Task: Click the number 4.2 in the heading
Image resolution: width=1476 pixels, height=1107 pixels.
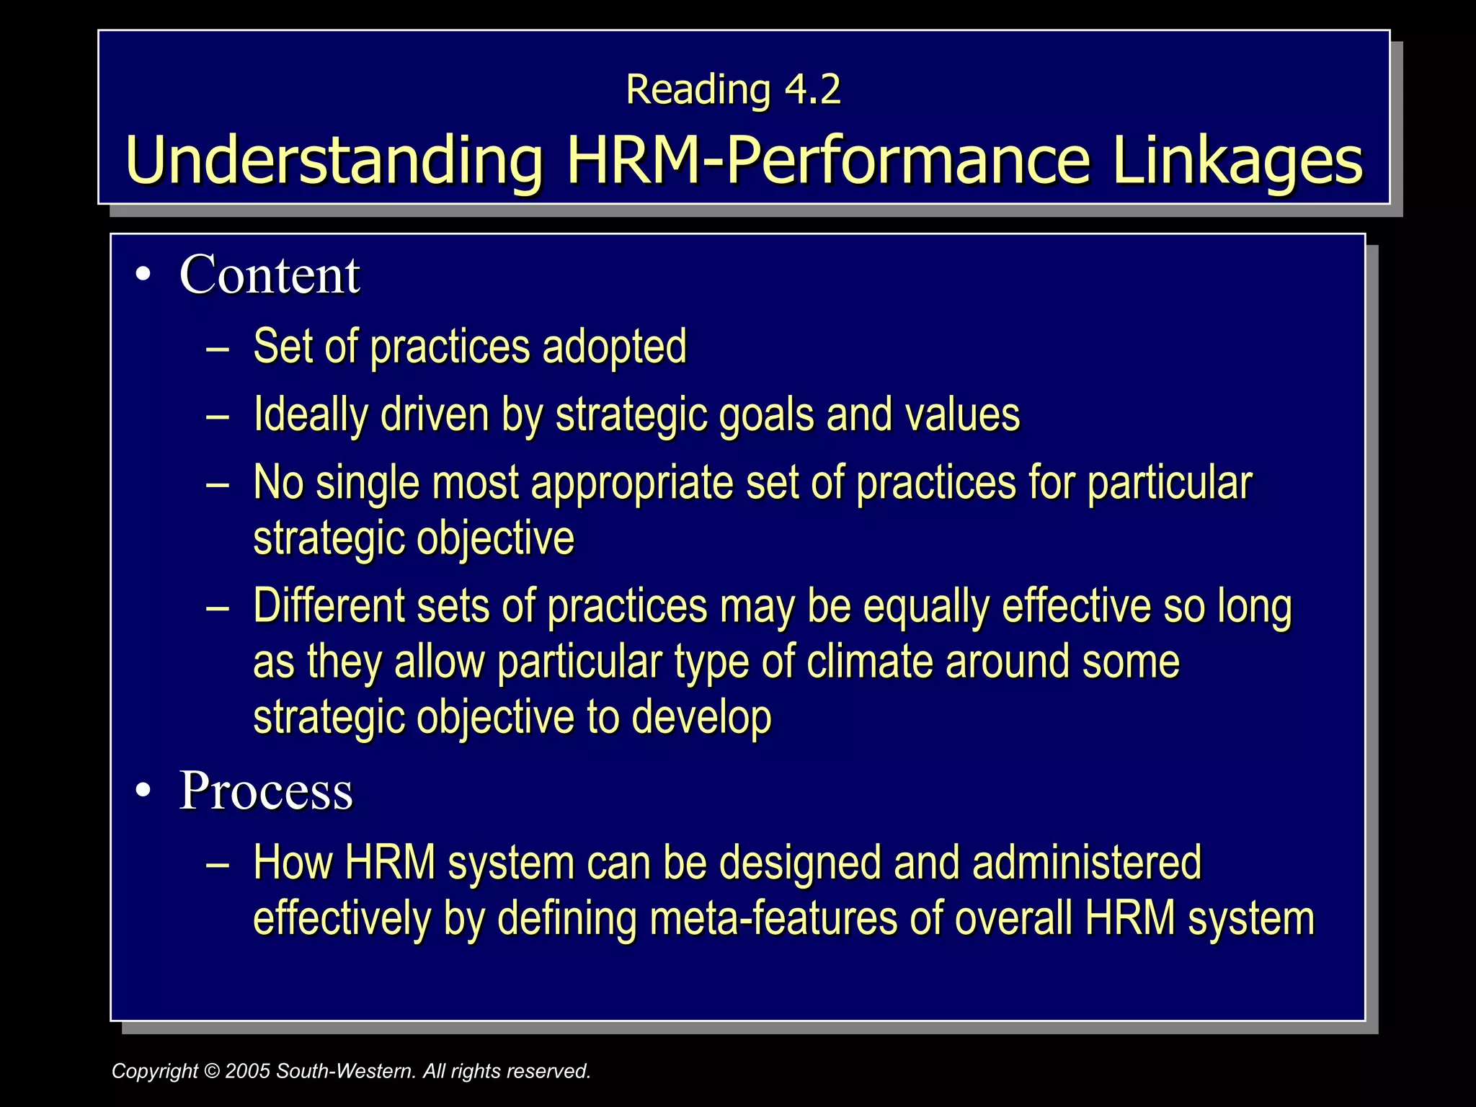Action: point(812,89)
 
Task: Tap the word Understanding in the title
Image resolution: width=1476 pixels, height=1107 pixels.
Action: point(334,160)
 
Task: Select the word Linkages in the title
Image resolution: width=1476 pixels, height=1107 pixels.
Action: point(1237,160)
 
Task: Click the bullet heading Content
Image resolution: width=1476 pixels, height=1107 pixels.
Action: point(269,275)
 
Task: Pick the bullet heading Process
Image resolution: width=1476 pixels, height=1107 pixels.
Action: point(265,791)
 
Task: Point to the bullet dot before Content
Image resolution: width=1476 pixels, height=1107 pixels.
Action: point(143,275)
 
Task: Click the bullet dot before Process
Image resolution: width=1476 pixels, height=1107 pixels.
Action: point(143,791)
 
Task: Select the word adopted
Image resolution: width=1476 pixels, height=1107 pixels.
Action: point(614,347)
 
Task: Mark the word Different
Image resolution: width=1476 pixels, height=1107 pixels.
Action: point(329,605)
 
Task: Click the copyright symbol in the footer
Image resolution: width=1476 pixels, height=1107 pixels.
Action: point(211,1071)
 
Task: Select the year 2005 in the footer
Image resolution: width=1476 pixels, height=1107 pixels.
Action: point(247,1071)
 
